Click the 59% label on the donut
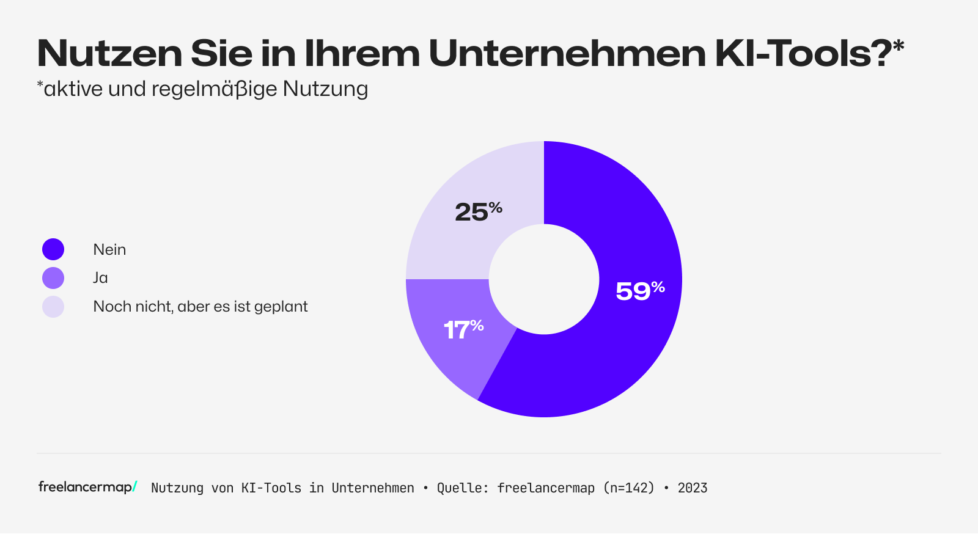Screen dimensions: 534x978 [x=639, y=291]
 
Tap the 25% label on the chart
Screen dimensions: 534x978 [x=478, y=211]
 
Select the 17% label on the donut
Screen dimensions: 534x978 [x=463, y=330]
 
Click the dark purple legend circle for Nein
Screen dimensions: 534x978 [x=53, y=249]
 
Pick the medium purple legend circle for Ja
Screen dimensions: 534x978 [x=53, y=278]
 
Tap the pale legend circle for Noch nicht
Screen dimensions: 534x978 [x=53, y=307]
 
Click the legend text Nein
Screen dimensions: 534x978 [x=109, y=249]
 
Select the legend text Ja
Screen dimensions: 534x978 [x=100, y=278]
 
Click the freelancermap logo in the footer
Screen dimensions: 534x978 [x=87, y=487]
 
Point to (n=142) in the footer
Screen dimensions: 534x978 [x=628, y=488]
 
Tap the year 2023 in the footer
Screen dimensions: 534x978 [x=692, y=488]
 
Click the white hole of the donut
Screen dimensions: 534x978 [x=543, y=279]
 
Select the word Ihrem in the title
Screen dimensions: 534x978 [x=362, y=54]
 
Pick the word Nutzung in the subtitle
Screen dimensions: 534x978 [x=325, y=89]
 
